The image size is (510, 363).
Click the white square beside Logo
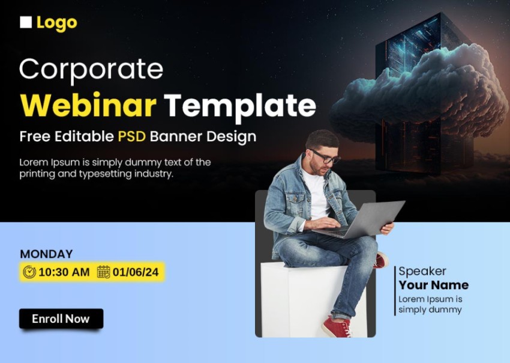tap(26, 22)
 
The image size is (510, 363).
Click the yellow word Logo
tap(57, 23)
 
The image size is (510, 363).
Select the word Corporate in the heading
tap(91, 70)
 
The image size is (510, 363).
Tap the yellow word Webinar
tap(88, 105)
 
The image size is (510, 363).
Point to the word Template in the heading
tap(240, 106)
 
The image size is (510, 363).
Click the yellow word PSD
tap(132, 136)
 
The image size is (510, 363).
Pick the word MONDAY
tap(47, 254)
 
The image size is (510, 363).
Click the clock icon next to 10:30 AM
tap(29, 272)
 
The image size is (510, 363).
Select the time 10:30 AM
tap(64, 272)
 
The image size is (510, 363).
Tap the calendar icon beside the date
tap(104, 272)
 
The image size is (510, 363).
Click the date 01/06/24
tap(136, 272)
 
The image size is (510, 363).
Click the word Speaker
tap(422, 272)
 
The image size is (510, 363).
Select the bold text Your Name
tap(434, 285)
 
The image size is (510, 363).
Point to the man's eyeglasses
tap(326, 157)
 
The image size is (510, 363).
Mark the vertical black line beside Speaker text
tap(395, 291)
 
